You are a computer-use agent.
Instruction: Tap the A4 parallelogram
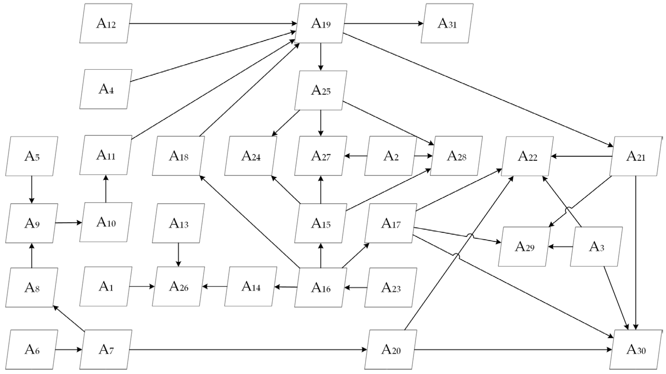[106, 89]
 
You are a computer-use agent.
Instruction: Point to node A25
[321, 91]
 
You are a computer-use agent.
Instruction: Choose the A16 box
[321, 288]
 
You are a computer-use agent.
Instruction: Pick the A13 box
[178, 223]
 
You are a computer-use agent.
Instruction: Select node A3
[596, 247]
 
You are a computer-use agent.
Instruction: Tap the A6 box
[31, 350]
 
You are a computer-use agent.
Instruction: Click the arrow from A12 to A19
[212, 23]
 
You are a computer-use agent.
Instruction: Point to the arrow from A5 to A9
[31, 190]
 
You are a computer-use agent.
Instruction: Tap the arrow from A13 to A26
[178, 255]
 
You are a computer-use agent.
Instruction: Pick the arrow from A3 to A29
[561, 247]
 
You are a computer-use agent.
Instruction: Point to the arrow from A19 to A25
[321, 57]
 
